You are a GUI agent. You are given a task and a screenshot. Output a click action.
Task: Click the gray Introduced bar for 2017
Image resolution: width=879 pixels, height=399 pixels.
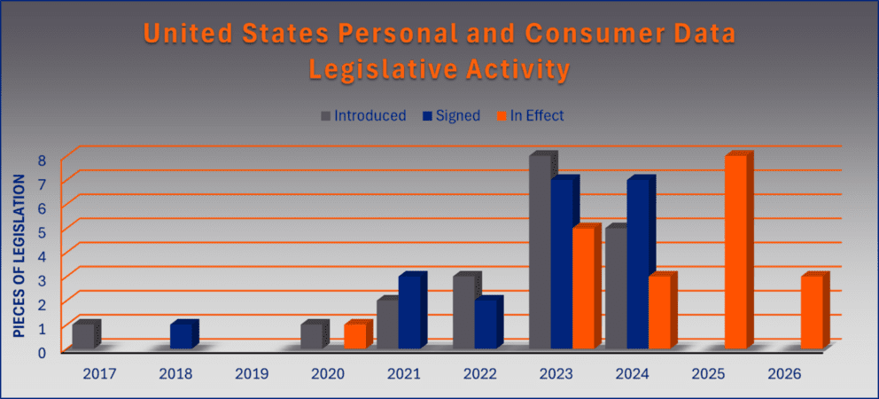84,336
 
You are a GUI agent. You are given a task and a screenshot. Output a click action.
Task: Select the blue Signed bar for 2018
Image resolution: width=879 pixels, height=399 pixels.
181,336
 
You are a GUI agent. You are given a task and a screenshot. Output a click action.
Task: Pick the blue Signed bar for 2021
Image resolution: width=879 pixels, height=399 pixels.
410,312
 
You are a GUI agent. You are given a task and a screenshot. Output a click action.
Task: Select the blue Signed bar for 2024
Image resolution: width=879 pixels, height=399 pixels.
639,264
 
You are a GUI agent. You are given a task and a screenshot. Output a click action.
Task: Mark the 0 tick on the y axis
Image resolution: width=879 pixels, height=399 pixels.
42,352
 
